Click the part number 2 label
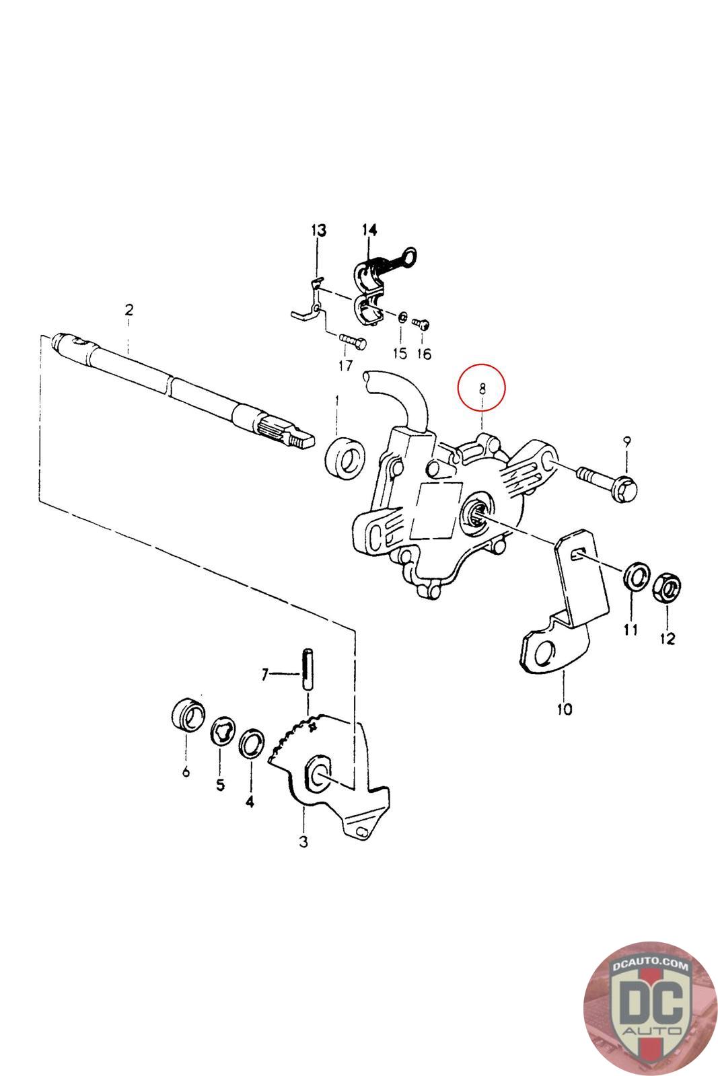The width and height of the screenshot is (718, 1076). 129,310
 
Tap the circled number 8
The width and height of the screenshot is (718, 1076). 482,387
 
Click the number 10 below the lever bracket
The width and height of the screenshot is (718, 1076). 564,709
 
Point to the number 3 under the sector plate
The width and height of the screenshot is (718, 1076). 303,841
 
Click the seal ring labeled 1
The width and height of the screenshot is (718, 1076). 346,457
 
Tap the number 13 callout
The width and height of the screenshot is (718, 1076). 318,231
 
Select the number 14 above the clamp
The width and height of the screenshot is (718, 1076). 369,231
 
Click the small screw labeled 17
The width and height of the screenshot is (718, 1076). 351,341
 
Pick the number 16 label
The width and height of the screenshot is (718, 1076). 424,354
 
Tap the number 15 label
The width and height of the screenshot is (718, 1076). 400,353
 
